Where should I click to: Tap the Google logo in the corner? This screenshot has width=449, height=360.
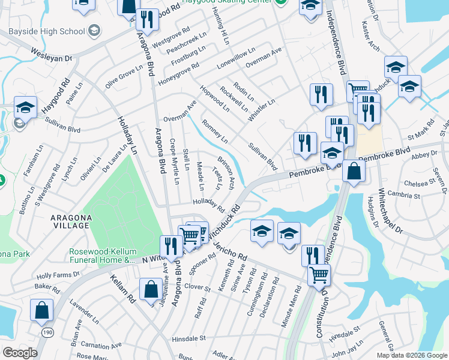pos(20,353)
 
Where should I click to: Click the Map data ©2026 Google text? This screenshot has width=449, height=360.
pos(412,355)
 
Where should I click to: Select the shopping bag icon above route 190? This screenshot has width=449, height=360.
pos(42,310)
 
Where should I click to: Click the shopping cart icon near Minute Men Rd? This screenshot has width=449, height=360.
pos(319,275)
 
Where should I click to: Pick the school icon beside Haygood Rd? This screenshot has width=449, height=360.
pos(25,107)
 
